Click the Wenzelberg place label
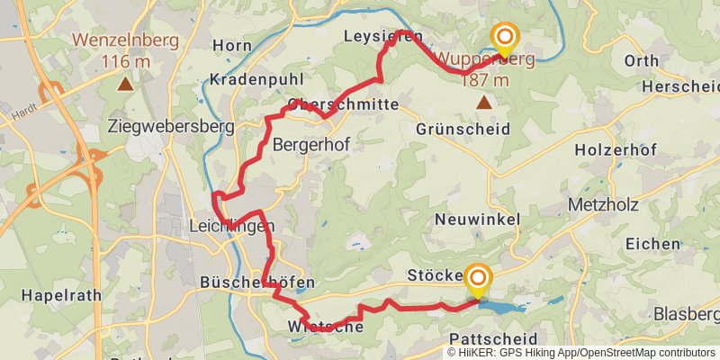(x=126, y=40)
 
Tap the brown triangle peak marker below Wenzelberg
(x=125, y=85)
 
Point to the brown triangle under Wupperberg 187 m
(x=484, y=103)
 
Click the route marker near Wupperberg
(x=505, y=39)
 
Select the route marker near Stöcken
(x=477, y=280)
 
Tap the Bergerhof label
(x=310, y=144)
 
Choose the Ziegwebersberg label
(x=170, y=126)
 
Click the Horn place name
(x=232, y=45)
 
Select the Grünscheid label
(x=463, y=129)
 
